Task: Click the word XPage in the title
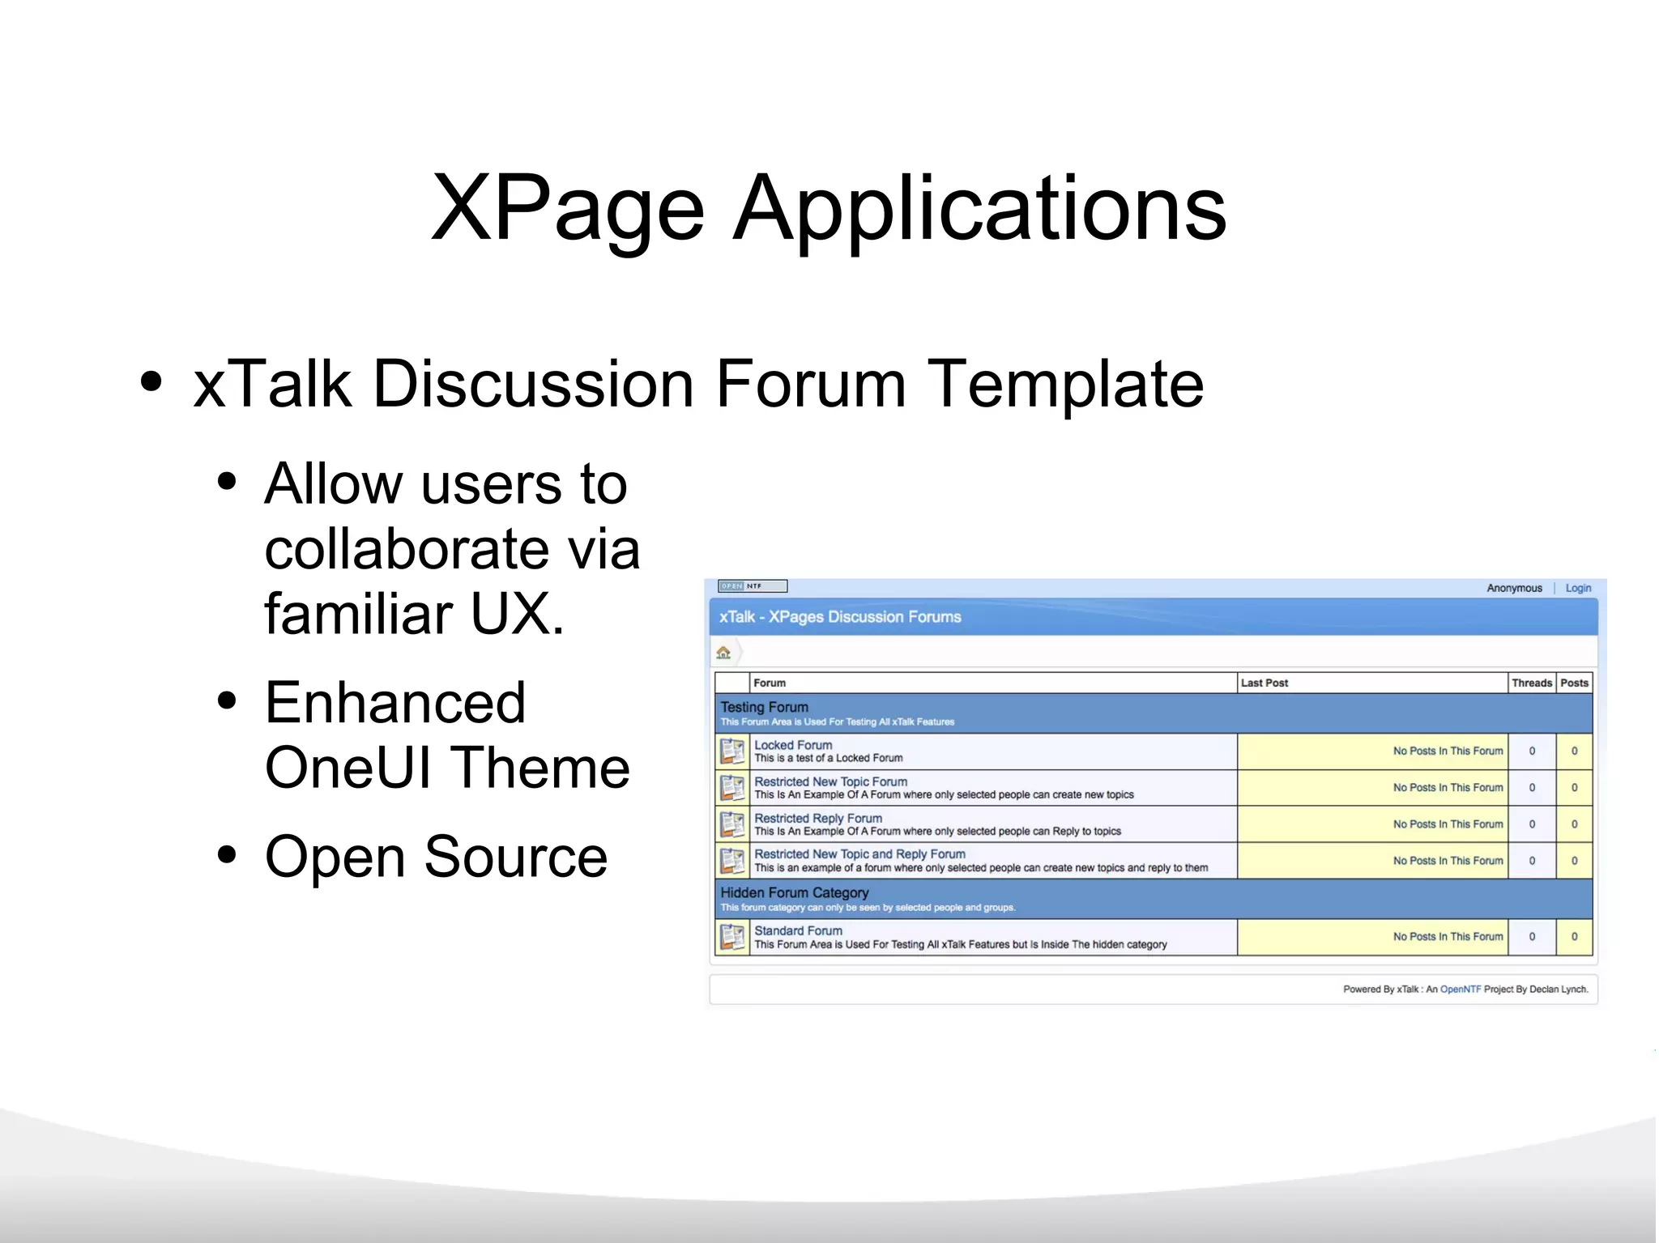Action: pos(567,209)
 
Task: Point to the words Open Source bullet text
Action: pos(436,857)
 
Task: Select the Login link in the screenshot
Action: pos(1577,588)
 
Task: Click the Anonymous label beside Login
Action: pos(1513,588)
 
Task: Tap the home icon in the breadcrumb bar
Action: pos(723,653)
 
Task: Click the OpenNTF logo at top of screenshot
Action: pos(753,586)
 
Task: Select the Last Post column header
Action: pos(1264,683)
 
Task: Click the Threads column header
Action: pos(1531,683)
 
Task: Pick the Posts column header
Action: pos(1574,683)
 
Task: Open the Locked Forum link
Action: pos(793,745)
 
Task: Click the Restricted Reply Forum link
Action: pos(818,818)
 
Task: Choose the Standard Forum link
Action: pos(798,930)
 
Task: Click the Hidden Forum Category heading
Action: pos(794,892)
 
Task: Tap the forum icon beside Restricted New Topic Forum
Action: pos(732,787)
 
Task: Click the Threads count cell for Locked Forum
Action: pos(1531,751)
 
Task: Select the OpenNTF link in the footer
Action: pos(1460,989)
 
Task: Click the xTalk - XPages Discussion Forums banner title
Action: pos(840,617)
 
